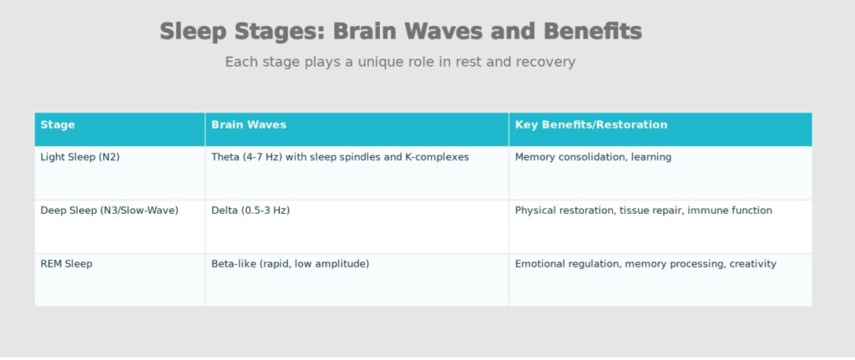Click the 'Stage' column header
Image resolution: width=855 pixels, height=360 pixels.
click(58, 125)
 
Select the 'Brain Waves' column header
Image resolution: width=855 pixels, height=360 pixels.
click(248, 125)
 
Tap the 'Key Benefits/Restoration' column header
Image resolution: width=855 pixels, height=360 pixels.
click(590, 125)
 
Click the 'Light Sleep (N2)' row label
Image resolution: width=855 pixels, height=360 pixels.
click(80, 157)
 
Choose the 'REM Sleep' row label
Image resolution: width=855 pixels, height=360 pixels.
click(66, 264)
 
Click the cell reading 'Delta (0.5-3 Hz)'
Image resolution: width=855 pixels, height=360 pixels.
click(250, 210)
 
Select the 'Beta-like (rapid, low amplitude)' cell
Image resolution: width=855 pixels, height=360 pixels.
click(290, 264)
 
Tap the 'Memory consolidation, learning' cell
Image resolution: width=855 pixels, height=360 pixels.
click(593, 157)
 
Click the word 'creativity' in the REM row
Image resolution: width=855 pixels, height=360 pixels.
click(752, 264)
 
